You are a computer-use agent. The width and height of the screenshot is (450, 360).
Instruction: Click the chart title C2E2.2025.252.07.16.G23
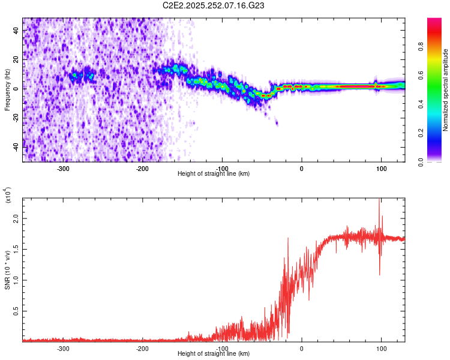214,6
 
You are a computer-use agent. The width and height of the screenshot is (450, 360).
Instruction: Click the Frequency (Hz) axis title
8,89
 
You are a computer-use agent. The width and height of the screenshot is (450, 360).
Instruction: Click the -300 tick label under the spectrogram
64,169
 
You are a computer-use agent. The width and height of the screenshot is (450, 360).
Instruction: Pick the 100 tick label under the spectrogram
381,169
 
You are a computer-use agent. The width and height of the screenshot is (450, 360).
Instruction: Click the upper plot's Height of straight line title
214,174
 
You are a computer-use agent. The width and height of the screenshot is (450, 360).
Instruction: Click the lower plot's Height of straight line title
214,354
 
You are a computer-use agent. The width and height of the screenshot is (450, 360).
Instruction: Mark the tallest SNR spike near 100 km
379,200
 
